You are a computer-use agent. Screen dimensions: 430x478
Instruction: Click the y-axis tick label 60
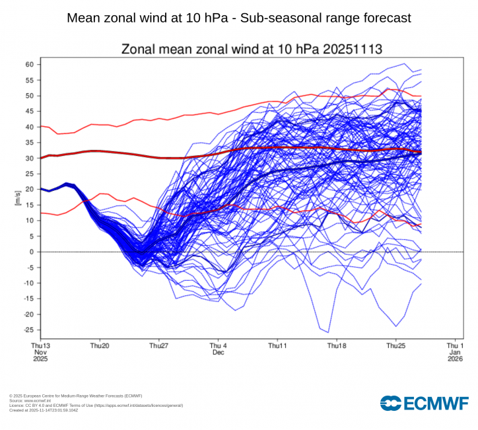coord(30,64)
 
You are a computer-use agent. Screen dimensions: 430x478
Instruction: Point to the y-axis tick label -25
coord(28,330)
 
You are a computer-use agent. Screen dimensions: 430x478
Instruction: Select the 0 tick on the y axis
coord(32,252)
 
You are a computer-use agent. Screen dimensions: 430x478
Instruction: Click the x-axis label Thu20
coord(100,345)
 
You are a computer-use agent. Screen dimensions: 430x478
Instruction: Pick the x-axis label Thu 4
coord(219,345)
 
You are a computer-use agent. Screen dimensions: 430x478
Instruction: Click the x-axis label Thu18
coord(337,345)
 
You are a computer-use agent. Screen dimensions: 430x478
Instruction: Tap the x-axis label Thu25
coord(395,345)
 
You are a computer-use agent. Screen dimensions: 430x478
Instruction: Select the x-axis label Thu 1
coord(455,345)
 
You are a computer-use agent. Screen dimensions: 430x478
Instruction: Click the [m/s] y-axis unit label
coord(18,197)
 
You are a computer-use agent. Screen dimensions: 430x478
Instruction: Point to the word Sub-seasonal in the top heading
coord(277,18)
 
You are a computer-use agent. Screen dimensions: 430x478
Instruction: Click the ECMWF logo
coord(424,402)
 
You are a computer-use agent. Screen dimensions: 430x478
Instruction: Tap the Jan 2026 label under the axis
coord(455,356)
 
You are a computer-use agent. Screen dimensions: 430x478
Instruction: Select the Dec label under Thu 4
coord(219,353)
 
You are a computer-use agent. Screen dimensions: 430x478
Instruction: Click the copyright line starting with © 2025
coord(75,396)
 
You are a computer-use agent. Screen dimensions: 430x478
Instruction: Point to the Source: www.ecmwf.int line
coord(33,401)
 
